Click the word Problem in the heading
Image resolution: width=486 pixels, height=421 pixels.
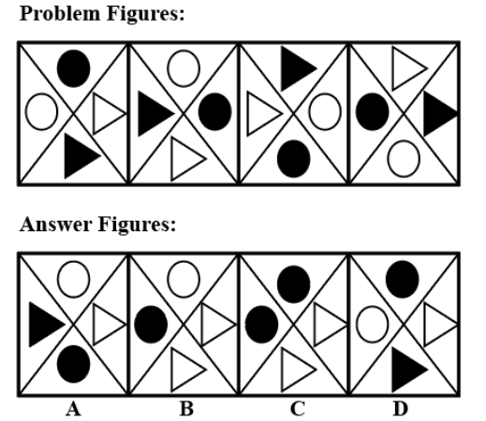tap(60, 14)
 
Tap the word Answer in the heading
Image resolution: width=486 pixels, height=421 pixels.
tap(56, 224)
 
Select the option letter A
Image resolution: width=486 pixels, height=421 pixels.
tap(74, 409)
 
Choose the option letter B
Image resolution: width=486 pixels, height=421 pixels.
tap(186, 409)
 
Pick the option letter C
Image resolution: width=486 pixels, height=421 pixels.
tap(298, 409)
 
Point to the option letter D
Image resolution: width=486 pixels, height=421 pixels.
tap(401, 409)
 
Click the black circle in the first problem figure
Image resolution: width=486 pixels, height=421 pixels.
tap(74, 68)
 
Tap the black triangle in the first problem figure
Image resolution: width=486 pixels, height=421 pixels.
tap(81, 156)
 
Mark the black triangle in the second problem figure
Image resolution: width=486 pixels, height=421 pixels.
tap(155, 113)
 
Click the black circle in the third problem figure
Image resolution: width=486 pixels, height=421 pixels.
tap(294, 159)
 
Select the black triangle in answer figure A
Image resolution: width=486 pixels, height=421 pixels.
tap(46, 325)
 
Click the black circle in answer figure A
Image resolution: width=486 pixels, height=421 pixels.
tap(74, 364)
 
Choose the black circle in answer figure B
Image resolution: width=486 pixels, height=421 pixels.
tap(151, 325)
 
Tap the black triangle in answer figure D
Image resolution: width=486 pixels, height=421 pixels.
tap(409, 370)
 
